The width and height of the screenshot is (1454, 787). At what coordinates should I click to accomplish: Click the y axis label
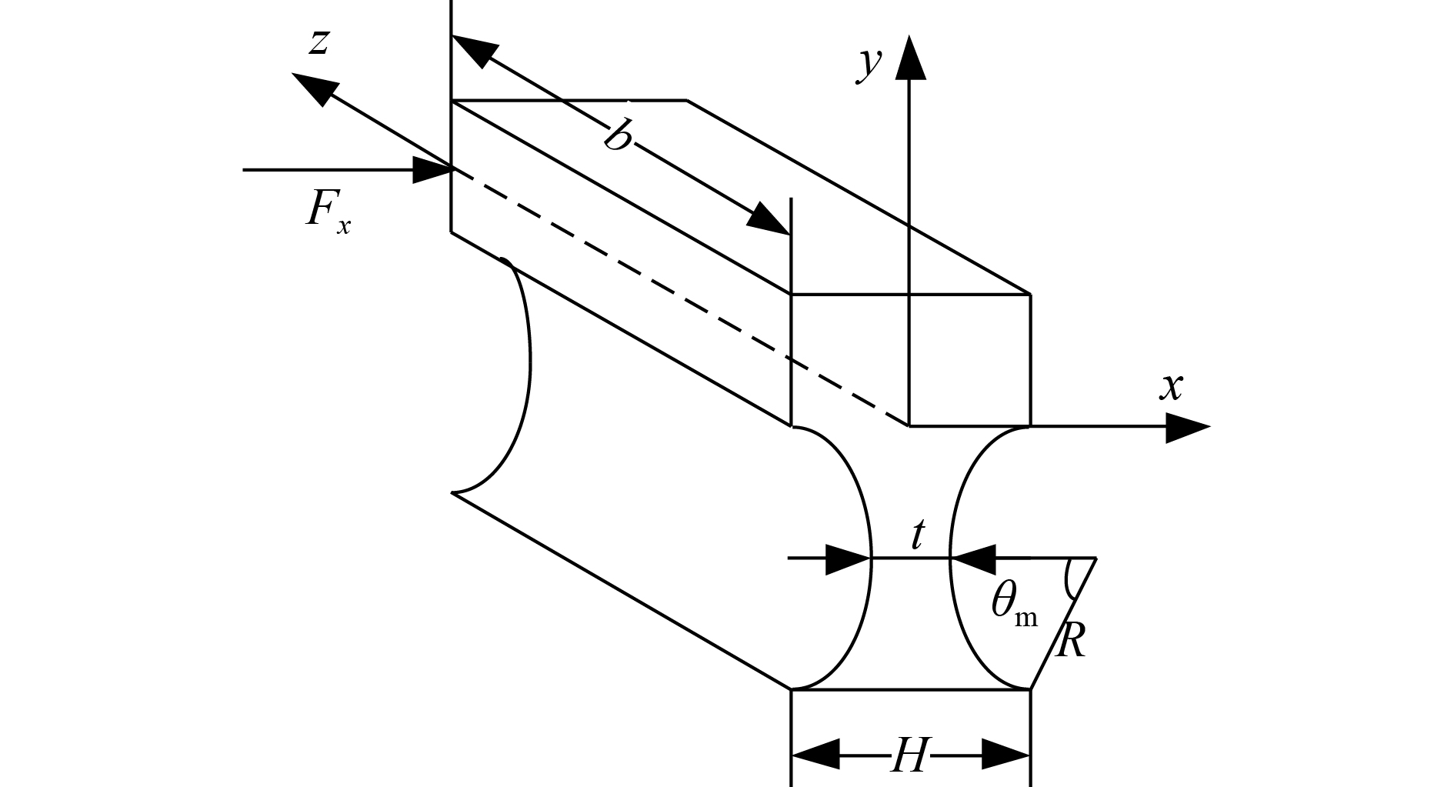[x=869, y=63]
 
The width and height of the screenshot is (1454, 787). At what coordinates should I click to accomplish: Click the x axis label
[x=1171, y=387]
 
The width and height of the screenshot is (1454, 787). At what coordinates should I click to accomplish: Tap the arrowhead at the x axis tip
[x=1189, y=427]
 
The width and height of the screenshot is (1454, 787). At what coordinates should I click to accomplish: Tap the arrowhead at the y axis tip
[x=910, y=57]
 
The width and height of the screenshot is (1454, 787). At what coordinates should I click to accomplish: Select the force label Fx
[x=327, y=209]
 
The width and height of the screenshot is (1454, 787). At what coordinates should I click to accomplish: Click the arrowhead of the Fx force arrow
[x=432, y=169]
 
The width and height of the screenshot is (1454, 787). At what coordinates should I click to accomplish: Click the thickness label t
[x=917, y=535]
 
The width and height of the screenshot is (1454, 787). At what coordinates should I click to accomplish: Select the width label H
[x=910, y=756]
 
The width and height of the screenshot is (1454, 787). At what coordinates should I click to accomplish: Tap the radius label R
[x=1071, y=640]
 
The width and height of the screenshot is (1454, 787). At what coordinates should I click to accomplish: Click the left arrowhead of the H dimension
[x=815, y=755]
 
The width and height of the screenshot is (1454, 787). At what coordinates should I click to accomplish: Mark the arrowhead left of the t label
[x=849, y=559]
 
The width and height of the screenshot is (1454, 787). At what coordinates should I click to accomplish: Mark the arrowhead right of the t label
[x=974, y=558]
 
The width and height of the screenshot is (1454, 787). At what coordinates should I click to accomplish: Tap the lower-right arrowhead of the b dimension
[x=769, y=218]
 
